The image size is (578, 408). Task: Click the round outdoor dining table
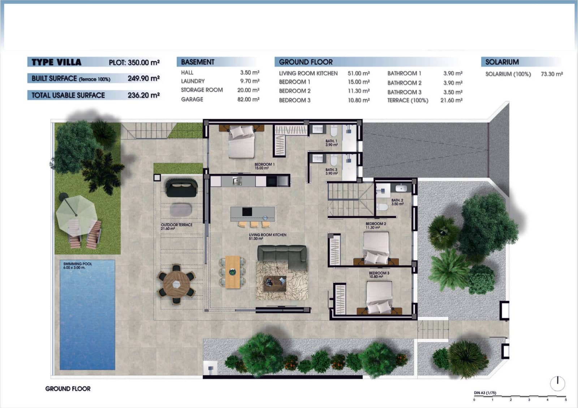177,284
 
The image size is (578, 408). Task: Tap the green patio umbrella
76,214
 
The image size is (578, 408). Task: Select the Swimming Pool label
77,266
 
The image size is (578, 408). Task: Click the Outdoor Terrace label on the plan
177,227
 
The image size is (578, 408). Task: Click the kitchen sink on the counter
237,181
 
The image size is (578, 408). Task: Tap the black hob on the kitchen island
247,212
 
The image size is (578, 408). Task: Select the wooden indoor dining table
233,272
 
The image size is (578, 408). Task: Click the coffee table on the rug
275,283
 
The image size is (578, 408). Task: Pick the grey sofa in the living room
282,257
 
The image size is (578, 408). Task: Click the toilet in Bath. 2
382,207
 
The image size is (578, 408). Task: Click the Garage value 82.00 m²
248,99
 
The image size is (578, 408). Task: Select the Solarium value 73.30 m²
552,74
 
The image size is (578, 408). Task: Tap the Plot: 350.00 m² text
134,62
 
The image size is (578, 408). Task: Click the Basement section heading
198,62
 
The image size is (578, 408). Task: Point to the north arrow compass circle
557,383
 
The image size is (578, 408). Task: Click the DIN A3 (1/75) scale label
485,393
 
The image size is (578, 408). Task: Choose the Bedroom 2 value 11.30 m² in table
359,91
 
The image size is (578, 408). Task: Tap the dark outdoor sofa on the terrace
182,188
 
